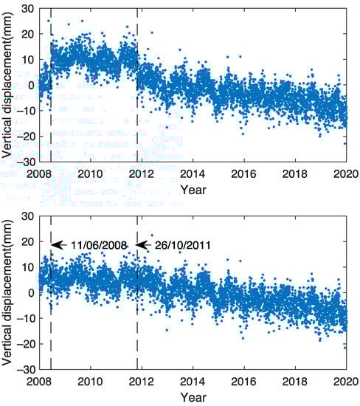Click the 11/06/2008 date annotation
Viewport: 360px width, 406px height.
[x=99, y=245]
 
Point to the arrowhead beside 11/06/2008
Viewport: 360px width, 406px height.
[x=55, y=245]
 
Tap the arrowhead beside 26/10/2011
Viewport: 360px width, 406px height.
[x=142, y=245]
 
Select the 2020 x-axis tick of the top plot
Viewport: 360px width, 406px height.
[x=346, y=173]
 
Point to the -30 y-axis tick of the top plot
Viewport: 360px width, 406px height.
[x=27, y=162]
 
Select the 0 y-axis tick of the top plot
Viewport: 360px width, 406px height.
[x=31, y=85]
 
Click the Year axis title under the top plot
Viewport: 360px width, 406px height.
[x=193, y=189]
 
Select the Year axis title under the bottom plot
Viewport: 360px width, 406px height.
[x=193, y=396]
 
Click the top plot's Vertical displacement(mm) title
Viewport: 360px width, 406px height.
[x=8, y=85]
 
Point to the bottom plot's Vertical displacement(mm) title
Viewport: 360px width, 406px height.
[x=8, y=292]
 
